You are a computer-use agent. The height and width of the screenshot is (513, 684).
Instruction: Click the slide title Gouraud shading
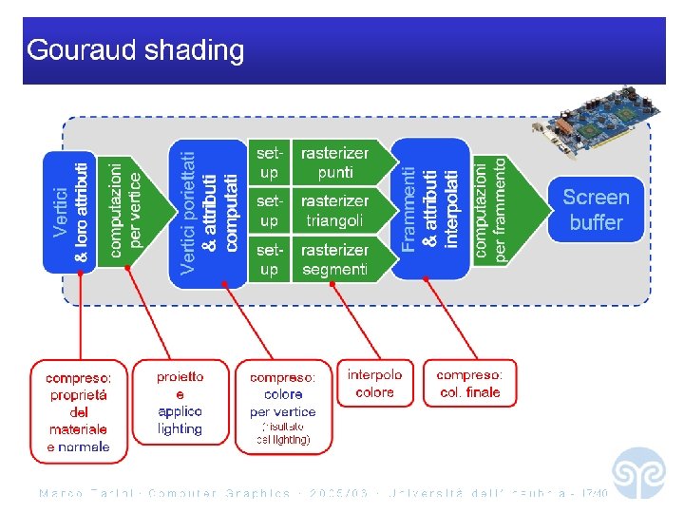point(136,50)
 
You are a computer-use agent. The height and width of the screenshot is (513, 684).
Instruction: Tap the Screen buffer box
point(595,210)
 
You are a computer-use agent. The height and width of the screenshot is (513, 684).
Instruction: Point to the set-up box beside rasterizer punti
point(270,162)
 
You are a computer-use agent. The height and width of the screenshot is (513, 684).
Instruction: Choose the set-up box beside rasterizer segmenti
point(270,259)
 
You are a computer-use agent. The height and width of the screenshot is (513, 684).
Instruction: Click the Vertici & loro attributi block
point(71,212)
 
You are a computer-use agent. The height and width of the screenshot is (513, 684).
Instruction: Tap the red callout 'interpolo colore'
point(374,384)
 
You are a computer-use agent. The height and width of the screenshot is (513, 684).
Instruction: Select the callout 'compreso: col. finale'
point(469,384)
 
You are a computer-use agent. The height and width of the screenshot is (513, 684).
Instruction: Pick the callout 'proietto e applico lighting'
point(180,403)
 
